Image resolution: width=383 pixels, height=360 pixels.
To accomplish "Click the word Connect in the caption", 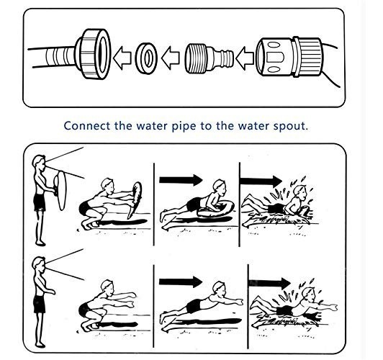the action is pyautogui.click(x=86, y=126).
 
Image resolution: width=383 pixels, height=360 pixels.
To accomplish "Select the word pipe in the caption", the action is pyautogui.click(x=184, y=127).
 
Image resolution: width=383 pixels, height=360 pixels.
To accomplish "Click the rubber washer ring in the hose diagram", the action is pyautogui.click(x=146, y=58).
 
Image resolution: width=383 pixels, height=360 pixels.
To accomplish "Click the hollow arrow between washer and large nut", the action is pyautogui.click(x=122, y=58).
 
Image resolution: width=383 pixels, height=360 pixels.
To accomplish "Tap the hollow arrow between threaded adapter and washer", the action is pyautogui.click(x=170, y=58).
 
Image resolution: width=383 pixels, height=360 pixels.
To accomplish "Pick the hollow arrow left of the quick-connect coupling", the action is pyautogui.click(x=245, y=58).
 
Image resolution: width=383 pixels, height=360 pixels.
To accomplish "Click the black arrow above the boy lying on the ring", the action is pyautogui.click(x=181, y=180).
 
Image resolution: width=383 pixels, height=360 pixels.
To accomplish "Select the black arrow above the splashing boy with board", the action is pyautogui.click(x=261, y=181).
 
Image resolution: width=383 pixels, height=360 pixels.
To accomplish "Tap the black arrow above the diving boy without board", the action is pyautogui.click(x=181, y=282).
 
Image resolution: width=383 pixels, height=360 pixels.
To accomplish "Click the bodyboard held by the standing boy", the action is pyautogui.click(x=60, y=190).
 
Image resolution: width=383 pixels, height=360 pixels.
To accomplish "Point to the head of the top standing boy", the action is pyautogui.click(x=39, y=163).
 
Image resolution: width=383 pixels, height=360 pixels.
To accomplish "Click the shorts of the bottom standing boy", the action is pyautogui.click(x=40, y=304).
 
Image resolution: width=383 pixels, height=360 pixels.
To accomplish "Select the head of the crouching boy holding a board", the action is pyautogui.click(x=107, y=185).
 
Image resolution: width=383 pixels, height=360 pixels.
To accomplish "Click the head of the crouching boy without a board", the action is pyautogui.click(x=107, y=287).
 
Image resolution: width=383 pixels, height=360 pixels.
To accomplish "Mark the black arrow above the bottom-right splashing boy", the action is pyautogui.click(x=269, y=283).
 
